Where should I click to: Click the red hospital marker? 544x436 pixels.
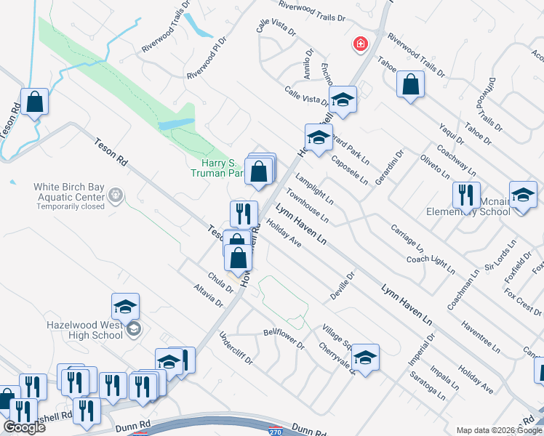[x=359, y=45]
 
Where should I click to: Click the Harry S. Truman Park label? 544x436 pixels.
[x=217, y=169]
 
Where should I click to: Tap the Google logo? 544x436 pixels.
[x=24, y=427]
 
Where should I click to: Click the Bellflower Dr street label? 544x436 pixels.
[x=283, y=332]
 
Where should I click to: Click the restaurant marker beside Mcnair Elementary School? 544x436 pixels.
[x=465, y=195]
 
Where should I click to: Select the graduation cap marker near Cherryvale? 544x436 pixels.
[x=365, y=358]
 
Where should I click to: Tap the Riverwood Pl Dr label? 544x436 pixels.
[x=207, y=58]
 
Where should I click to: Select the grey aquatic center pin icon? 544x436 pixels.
[x=114, y=195]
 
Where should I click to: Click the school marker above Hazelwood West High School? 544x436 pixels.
[x=125, y=307]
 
